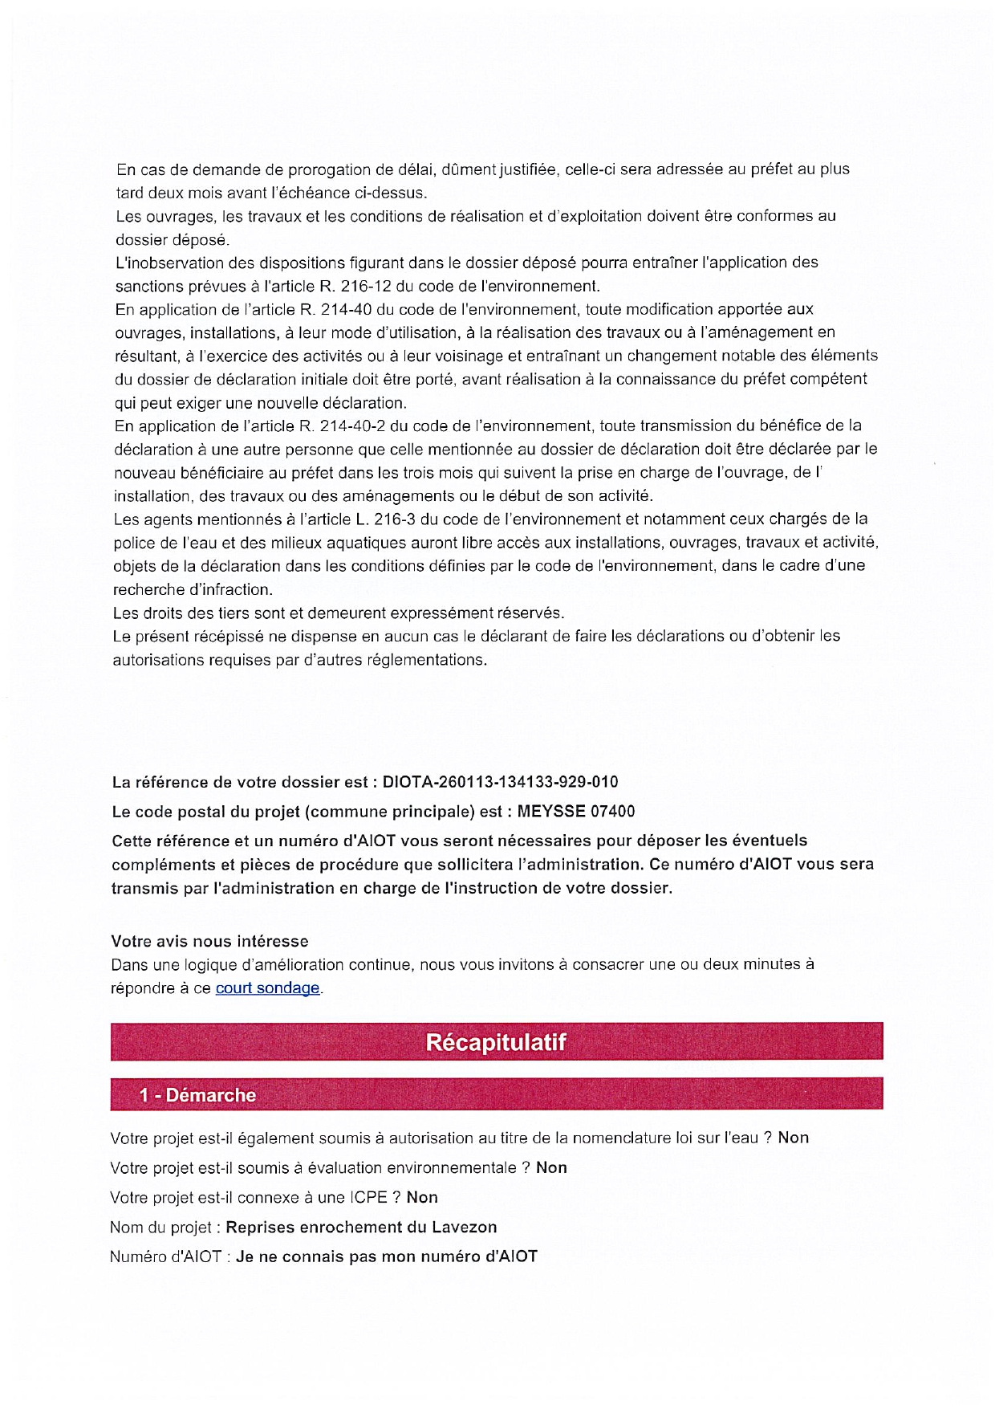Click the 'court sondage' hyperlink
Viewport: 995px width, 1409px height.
click(x=267, y=988)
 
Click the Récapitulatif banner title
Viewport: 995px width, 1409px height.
click(x=495, y=1042)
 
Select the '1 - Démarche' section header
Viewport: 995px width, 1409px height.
click(x=197, y=1095)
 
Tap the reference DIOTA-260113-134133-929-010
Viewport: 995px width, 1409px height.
click(x=500, y=782)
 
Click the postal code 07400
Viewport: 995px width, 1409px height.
click(x=612, y=812)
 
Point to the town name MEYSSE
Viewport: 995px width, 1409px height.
click(x=551, y=812)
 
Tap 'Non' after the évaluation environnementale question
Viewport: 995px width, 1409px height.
click(x=551, y=1167)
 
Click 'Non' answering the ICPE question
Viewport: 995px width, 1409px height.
click(x=422, y=1197)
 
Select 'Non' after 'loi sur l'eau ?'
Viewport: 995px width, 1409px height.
click(x=793, y=1138)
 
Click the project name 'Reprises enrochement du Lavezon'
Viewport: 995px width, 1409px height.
click(x=361, y=1227)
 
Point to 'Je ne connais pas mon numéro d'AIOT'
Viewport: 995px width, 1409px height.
click(x=386, y=1256)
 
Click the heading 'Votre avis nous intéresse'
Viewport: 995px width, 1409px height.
click(x=209, y=941)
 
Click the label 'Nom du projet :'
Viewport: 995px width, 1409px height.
click(x=165, y=1227)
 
